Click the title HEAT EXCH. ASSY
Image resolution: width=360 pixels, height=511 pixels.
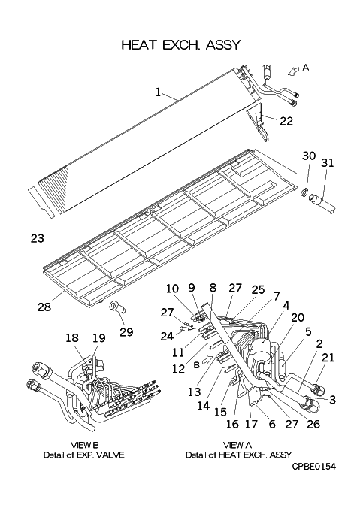pos(181,45)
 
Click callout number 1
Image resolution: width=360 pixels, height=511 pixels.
pos(158,92)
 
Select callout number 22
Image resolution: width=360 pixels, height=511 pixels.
pos(286,121)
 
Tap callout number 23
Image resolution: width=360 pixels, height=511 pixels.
pos(37,238)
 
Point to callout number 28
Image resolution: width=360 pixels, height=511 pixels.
pos(44,307)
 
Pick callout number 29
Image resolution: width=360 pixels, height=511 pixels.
pos(126,331)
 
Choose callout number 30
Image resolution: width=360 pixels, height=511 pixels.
pos(309,156)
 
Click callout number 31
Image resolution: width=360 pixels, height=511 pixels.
pos(328,162)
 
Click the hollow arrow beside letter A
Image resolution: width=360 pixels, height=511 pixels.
pos(294,71)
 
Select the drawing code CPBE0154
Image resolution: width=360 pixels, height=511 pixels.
pos(313,467)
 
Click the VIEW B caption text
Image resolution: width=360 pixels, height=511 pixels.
pos(85,445)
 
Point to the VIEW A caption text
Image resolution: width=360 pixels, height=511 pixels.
pos(237,445)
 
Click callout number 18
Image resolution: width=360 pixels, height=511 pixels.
pos(72,337)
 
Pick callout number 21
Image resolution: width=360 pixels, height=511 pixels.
pos(328,357)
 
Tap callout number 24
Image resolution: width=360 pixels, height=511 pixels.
pos(167,336)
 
